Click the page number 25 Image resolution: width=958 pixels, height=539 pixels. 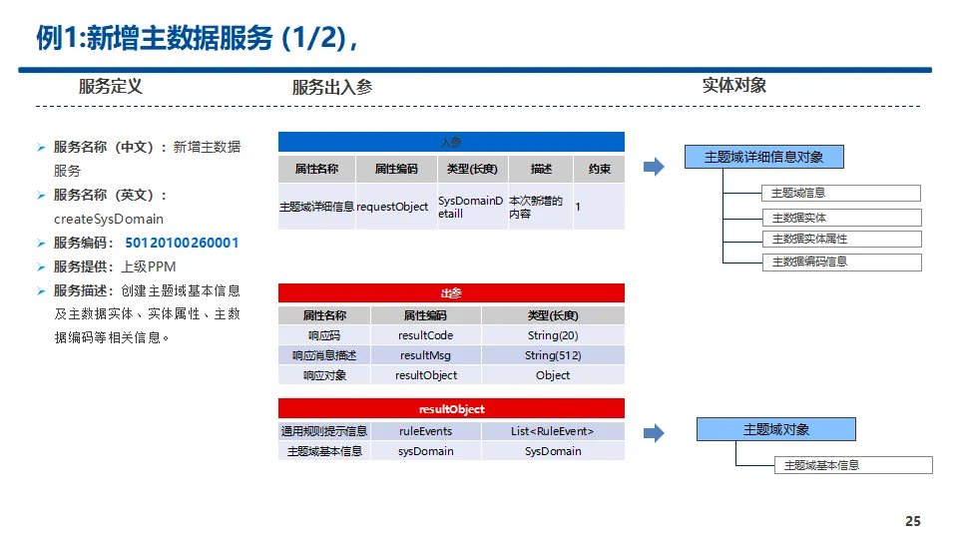click(912, 521)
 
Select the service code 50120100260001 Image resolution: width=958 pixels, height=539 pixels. click(182, 243)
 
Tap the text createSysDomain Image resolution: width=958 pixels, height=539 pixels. click(109, 219)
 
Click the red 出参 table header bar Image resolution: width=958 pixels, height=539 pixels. click(451, 293)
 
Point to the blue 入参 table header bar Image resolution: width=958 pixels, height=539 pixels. click(451, 142)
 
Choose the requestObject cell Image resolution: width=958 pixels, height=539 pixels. click(392, 207)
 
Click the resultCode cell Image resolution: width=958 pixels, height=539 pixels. click(425, 335)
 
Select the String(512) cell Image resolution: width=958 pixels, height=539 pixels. click(553, 355)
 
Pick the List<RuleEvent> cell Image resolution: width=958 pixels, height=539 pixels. click(553, 431)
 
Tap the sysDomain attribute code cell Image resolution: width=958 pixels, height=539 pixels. click(425, 451)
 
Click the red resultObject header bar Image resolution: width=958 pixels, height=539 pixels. click(451, 408)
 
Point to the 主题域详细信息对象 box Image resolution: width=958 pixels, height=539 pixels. click(764, 157)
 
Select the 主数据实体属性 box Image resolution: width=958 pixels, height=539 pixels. click(842, 240)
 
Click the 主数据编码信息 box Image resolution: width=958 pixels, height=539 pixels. click(842, 263)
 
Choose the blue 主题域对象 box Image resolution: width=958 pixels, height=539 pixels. click(776, 429)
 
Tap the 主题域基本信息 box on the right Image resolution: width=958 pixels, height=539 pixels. click(853, 465)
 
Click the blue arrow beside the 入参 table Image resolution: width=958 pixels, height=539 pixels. click(654, 167)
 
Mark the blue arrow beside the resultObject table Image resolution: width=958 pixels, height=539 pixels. click(654, 433)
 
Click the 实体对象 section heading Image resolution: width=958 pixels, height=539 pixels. click(734, 86)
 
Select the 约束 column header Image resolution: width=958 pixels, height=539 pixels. click(599, 169)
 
